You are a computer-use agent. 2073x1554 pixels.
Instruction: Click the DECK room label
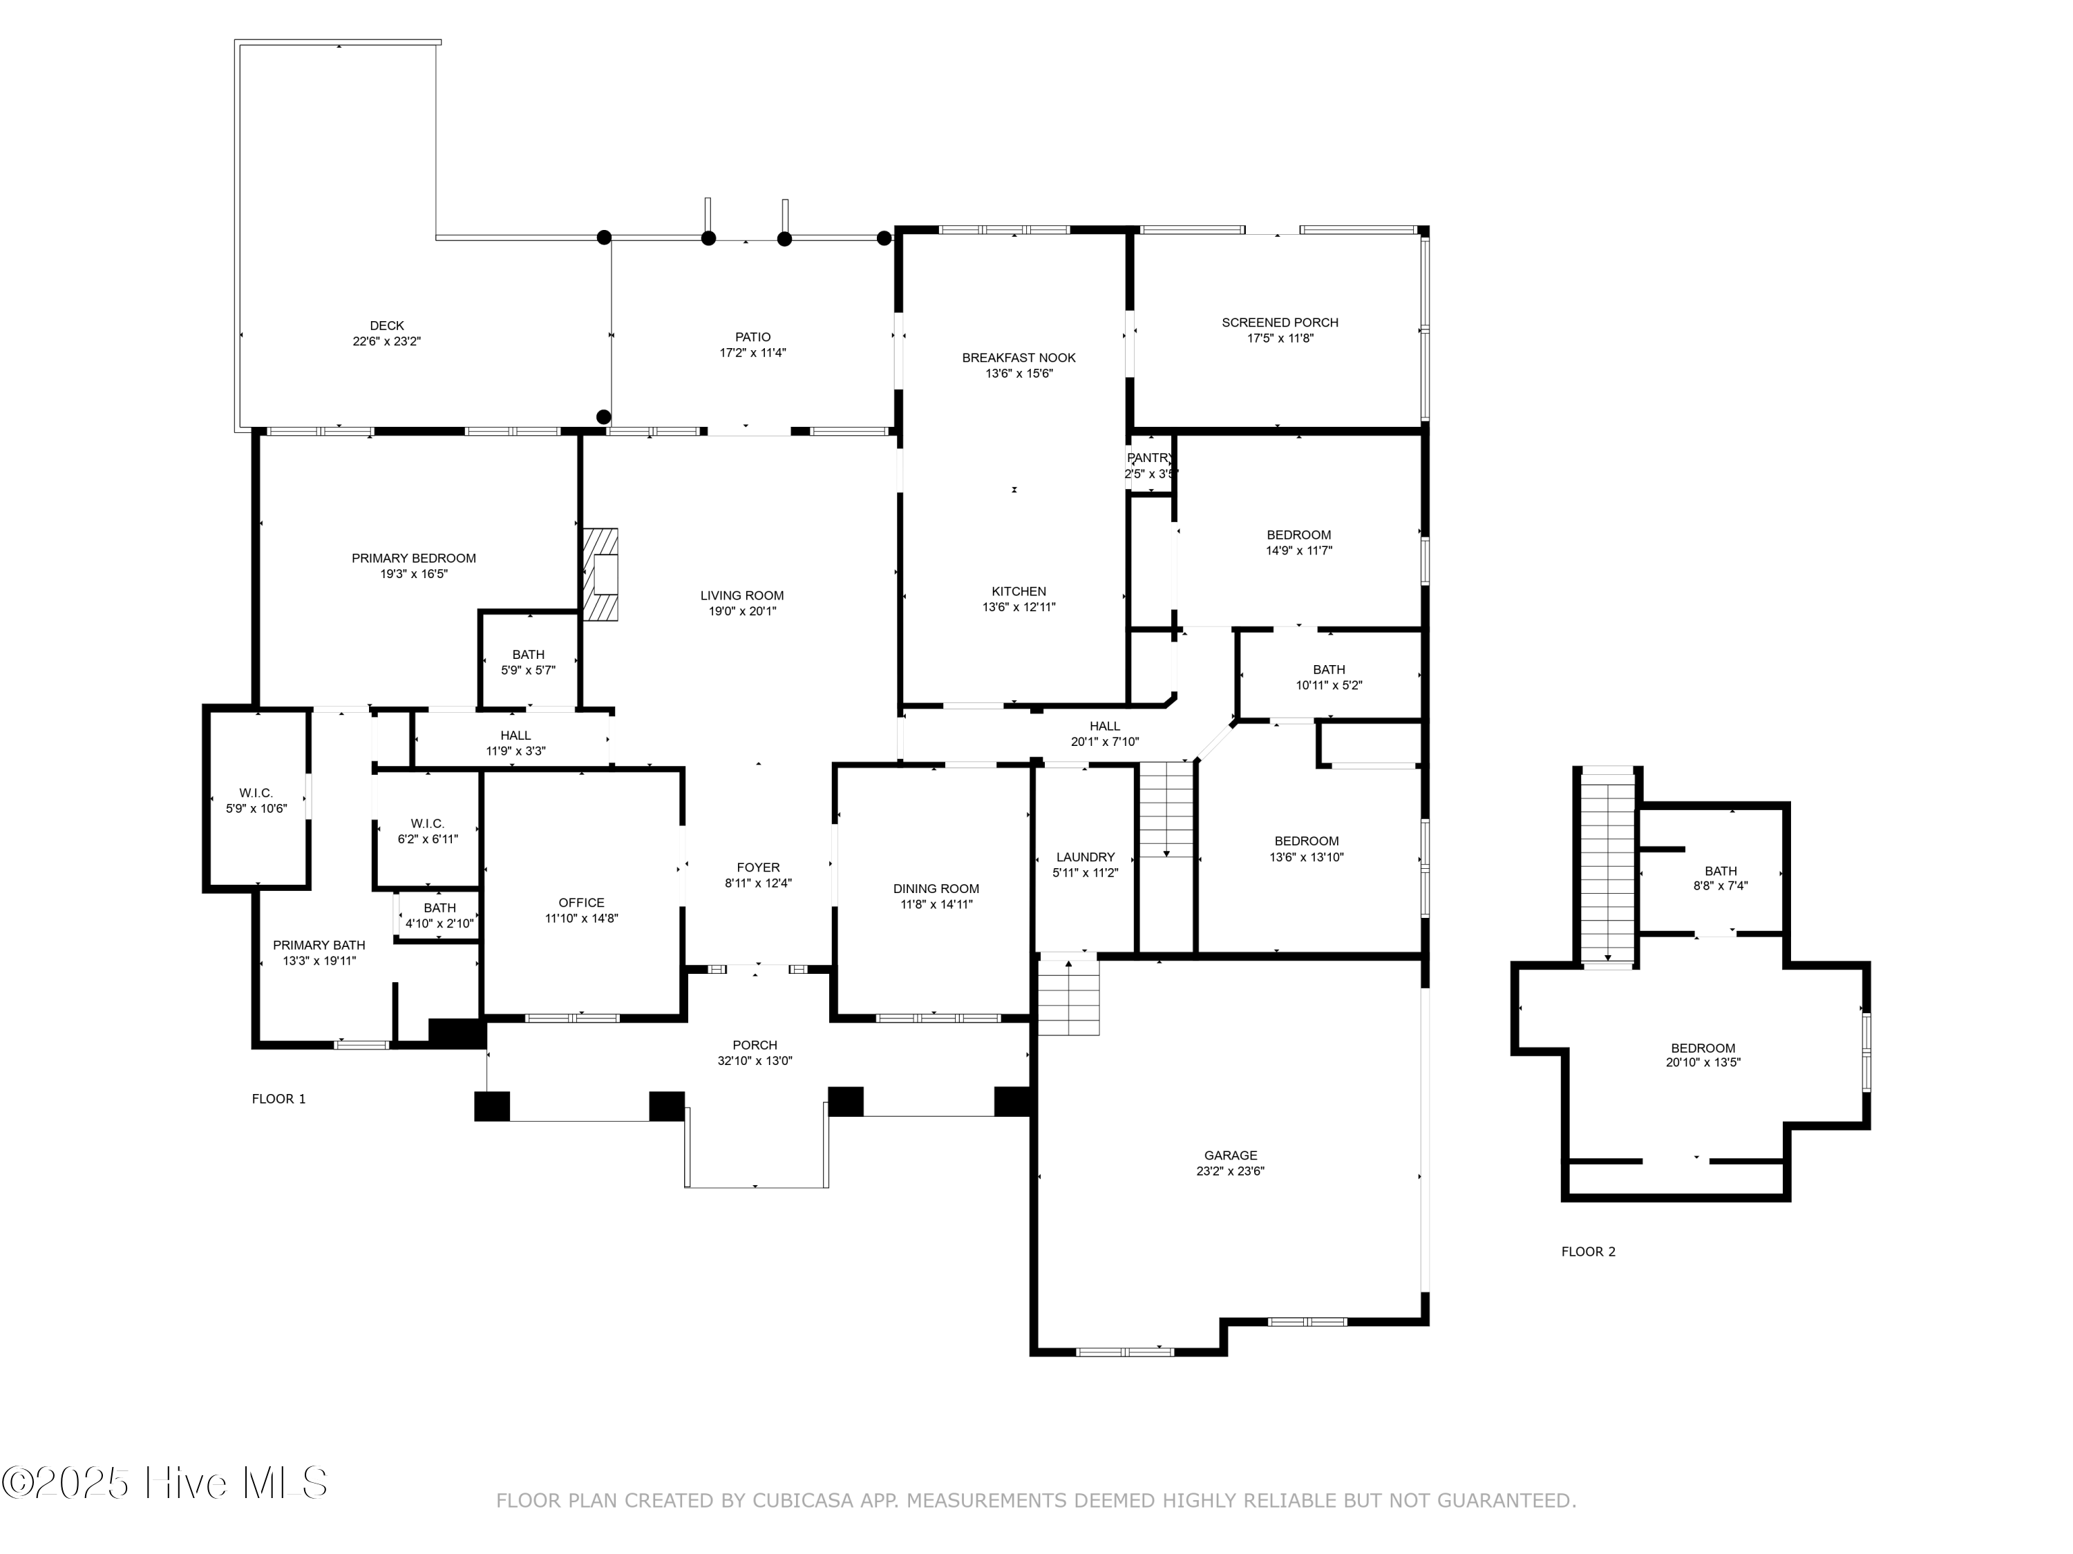coord(387,326)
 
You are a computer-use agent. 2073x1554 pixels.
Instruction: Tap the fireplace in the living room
coord(600,574)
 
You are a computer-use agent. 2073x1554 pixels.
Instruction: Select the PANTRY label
coord(1150,458)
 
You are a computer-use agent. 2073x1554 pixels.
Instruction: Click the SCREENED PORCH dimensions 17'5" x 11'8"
coord(1280,338)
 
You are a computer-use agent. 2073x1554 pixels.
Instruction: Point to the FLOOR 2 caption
coord(1589,1251)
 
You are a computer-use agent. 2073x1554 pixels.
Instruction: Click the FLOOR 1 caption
coord(279,1099)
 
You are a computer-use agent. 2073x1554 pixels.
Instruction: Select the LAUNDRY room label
coord(1086,857)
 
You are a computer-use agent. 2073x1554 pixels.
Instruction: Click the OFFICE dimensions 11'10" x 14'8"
coord(581,919)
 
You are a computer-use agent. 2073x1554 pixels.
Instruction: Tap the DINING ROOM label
coord(936,889)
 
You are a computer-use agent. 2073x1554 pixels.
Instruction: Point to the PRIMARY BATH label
coord(319,945)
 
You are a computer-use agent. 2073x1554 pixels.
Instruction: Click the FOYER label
coord(758,867)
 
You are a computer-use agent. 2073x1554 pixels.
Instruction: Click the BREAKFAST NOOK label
coord(1019,358)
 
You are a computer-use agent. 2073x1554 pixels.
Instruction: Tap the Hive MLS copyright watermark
coord(165,1483)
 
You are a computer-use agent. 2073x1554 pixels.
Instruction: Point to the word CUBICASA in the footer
coord(802,1501)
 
